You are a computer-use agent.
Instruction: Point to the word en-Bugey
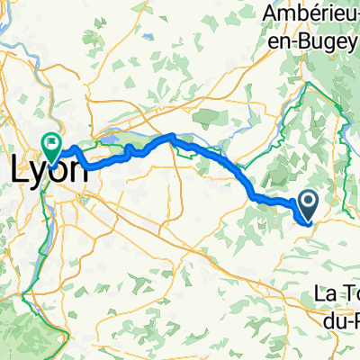(x=307, y=39)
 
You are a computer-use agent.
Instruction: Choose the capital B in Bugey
(x=301, y=39)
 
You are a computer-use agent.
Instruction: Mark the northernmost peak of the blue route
(x=170, y=136)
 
